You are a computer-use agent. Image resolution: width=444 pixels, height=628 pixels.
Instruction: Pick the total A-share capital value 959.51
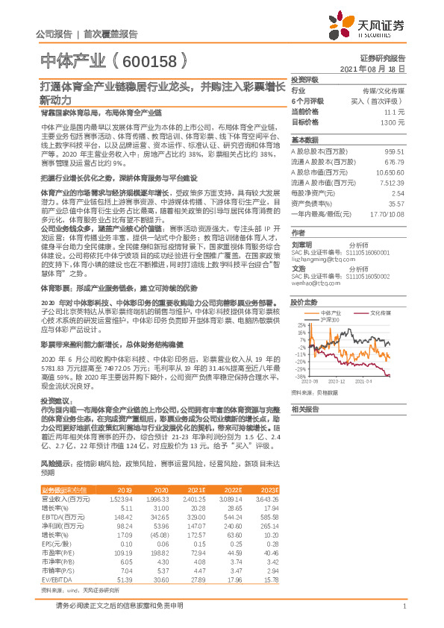tap(395, 151)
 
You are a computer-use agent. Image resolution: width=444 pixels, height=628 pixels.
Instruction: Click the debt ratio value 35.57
tap(397, 203)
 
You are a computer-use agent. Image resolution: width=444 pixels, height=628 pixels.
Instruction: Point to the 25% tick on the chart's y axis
tap(300, 325)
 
